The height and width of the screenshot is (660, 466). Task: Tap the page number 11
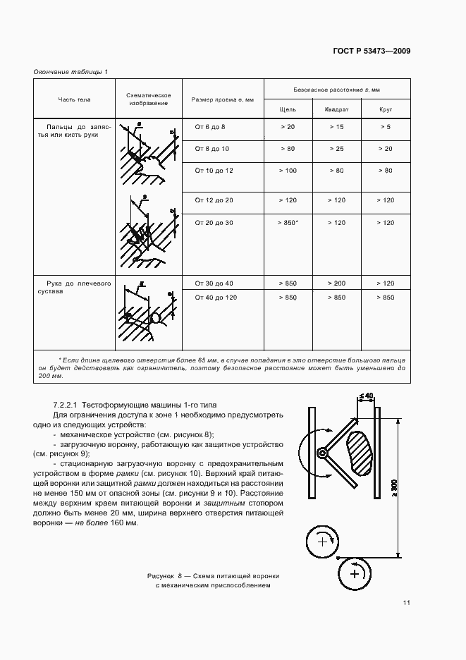click(x=407, y=602)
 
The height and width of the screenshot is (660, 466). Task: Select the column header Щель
click(x=288, y=109)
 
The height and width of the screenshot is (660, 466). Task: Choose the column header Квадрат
click(x=336, y=109)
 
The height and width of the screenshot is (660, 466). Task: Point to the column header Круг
click(x=385, y=109)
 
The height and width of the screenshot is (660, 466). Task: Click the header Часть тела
click(x=74, y=99)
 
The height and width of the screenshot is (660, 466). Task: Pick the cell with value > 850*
click(x=288, y=223)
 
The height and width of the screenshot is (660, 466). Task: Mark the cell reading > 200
click(x=336, y=283)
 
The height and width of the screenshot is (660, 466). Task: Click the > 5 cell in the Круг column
click(x=385, y=127)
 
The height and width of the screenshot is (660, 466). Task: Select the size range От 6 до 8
click(x=209, y=127)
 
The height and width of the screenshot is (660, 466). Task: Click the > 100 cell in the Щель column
click(x=288, y=171)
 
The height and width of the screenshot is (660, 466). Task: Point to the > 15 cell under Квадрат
click(x=336, y=127)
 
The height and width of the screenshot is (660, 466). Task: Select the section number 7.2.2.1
click(x=66, y=405)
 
